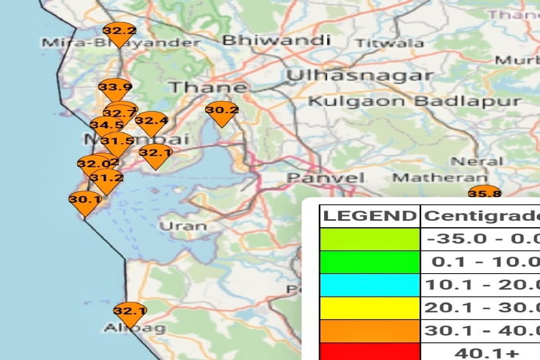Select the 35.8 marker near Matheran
coord(485,193)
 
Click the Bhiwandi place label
coord(276,40)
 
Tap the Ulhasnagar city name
coord(360,76)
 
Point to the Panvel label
coord(326,178)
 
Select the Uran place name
coord(183,225)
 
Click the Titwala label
coord(389,43)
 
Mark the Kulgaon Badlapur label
coord(414,101)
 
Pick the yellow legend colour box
coord(369,308)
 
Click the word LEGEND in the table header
coord(369,216)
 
